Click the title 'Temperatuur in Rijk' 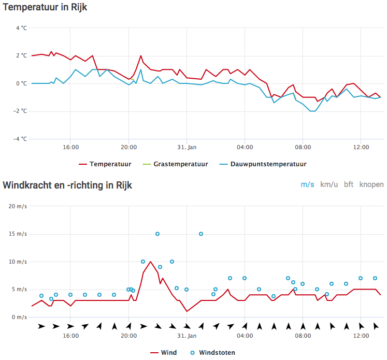click(x=45, y=7)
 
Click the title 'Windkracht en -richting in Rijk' click(x=67, y=185)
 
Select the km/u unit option click(x=329, y=184)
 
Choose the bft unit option click(x=349, y=184)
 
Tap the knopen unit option click(x=371, y=185)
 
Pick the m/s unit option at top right click(x=307, y=184)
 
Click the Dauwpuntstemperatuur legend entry click(x=263, y=164)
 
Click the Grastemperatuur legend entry click(x=176, y=164)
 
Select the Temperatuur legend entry click(x=105, y=164)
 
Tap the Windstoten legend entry click(x=213, y=353)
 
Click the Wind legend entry click(x=163, y=353)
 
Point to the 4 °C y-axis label click(x=21, y=28)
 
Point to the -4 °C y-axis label click(x=20, y=139)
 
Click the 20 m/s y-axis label click(x=18, y=206)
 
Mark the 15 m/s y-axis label click(x=18, y=234)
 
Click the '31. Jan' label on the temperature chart click(x=187, y=147)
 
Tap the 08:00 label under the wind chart click(x=303, y=336)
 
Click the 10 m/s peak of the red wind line click(x=151, y=262)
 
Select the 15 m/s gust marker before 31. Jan click(x=157, y=234)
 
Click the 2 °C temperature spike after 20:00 click(x=141, y=56)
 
